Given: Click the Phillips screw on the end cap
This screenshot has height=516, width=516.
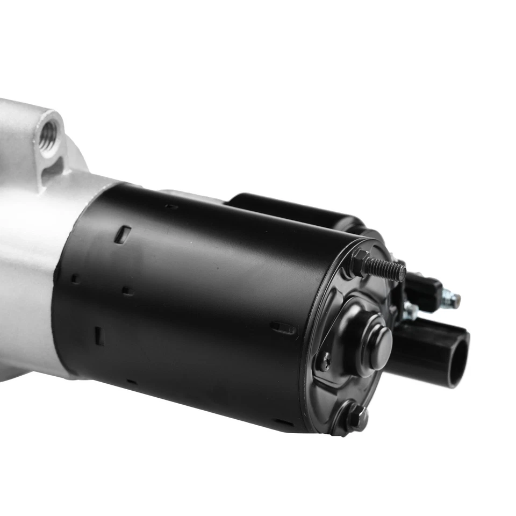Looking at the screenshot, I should click(325, 361).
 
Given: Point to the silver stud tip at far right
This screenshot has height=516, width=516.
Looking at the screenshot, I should click(454, 300).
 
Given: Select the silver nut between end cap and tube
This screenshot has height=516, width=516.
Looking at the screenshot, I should click(411, 311).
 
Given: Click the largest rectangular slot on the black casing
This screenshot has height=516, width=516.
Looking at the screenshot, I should click(123, 235).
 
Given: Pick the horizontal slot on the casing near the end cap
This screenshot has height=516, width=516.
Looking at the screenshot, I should click(283, 327).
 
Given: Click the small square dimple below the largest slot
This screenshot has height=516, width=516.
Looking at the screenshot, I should click(127, 291).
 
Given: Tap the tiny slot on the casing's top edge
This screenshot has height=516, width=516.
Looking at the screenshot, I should click(171, 206).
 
